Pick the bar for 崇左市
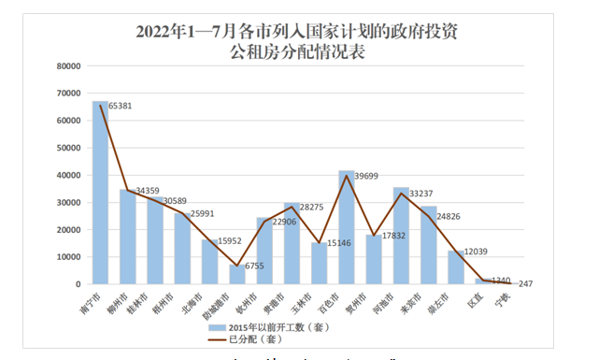tap(455, 266)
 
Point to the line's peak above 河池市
tap(401, 194)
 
